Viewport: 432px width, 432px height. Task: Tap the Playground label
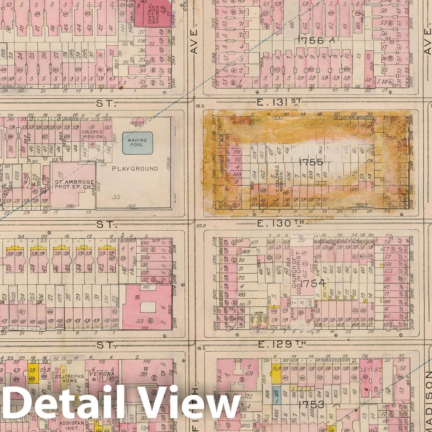pos(135,169)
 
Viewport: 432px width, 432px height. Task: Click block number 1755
pos(311,162)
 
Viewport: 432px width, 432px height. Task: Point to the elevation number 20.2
pos(200,225)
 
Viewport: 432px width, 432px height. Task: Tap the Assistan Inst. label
pos(72,425)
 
